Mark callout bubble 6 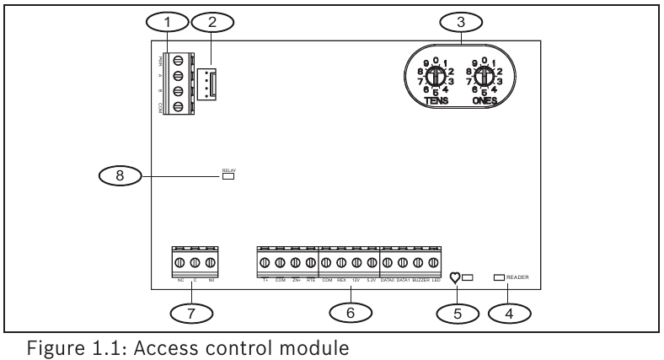(x=346, y=311)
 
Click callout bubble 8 (x=121, y=175)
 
